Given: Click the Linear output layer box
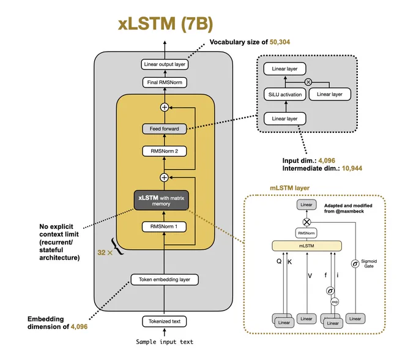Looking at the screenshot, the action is (x=165, y=64).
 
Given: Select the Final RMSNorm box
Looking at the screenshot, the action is (x=165, y=82).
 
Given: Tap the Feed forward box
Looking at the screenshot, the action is (x=164, y=129).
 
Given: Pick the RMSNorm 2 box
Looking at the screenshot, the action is (x=164, y=151).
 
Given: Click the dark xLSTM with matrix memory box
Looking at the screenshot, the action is (x=162, y=200).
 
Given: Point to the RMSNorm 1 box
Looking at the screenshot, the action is (x=164, y=227).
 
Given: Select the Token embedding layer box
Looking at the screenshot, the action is (x=165, y=280).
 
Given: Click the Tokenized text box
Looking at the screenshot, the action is (x=164, y=321).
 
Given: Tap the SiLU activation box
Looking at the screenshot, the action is (x=285, y=94).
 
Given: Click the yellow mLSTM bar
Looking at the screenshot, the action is (x=306, y=246).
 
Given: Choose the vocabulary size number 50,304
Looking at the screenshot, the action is (x=280, y=42).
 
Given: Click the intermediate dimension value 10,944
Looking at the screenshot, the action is (x=352, y=168).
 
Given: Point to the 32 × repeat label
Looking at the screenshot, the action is (x=105, y=252).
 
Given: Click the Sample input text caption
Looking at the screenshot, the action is (x=165, y=342).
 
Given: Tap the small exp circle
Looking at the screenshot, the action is (x=335, y=302).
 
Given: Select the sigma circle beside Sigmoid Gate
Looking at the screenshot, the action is (x=355, y=264).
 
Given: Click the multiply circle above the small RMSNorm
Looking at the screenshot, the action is (x=306, y=222).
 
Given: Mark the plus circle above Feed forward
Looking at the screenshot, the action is (x=165, y=107).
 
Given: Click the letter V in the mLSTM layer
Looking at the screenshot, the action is (x=310, y=276).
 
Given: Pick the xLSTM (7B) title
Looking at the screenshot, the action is (x=166, y=24).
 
